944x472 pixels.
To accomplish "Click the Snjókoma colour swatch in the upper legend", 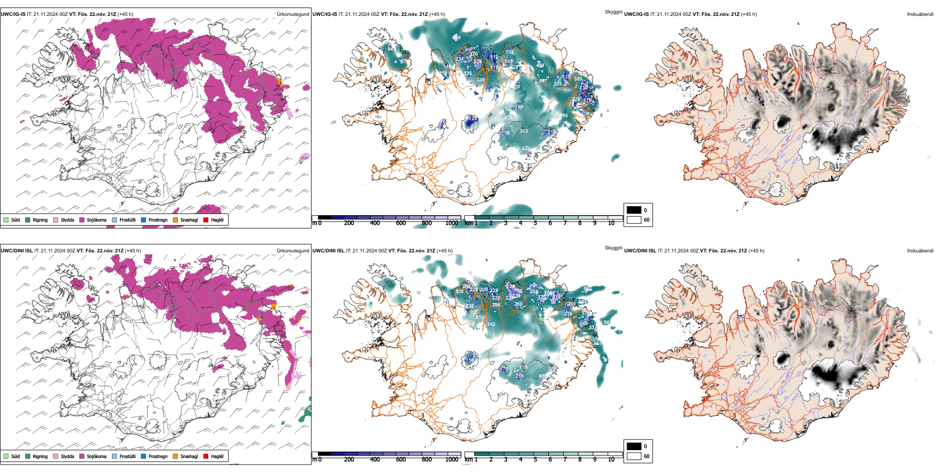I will (x=82, y=220).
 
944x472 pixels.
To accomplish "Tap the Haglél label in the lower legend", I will (x=217, y=456).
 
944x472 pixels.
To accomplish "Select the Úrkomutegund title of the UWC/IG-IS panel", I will (x=293, y=14).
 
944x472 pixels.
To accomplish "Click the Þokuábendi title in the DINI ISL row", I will (x=920, y=251).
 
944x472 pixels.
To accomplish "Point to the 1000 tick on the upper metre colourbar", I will (x=452, y=223).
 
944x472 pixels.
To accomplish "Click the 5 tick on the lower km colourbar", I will (x=535, y=460).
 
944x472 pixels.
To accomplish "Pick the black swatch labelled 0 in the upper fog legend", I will (x=634, y=210).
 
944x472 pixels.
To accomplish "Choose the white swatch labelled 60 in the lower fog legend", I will (x=634, y=456).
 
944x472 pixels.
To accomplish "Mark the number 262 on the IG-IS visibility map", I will (x=524, y=131).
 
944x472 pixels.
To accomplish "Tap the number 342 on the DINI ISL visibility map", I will (x=491, y=324).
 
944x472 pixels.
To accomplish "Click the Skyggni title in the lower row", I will (x=613, y=248).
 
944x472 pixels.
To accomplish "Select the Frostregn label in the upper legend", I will (x=158, y=220).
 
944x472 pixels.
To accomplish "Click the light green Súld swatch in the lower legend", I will (x=6, y=456).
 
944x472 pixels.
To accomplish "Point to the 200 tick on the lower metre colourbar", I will (x=349, y=460).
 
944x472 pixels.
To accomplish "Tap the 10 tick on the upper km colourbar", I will (x=611, y=223).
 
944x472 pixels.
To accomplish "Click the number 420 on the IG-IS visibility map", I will (x=526, y=149).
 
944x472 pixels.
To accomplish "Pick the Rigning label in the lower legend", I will (x=40, y=456).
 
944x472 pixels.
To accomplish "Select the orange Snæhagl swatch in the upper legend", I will (x=175, y=220).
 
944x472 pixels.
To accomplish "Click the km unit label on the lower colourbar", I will (x=468, y=460).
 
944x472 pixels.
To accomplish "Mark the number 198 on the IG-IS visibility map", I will (x=505, y=133).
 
